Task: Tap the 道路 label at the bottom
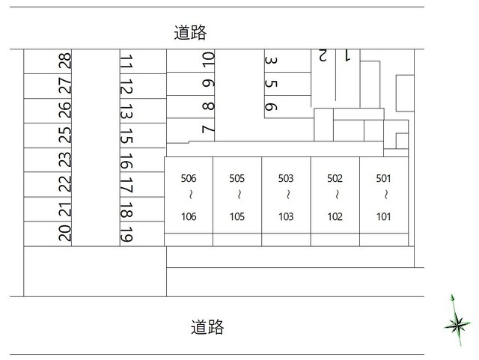coord(207,327)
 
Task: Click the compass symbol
coord(455,323)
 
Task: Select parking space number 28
coord(65,61)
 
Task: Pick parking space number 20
coord(65,233)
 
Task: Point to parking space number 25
coord(65,135)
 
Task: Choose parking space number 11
coord(126,61)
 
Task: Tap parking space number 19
coord(126,234)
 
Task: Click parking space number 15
coord(126,135)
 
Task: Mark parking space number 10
coord(208,59)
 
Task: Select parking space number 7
coord(208,129)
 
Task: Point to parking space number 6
coord(271,106)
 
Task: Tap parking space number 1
coord(347,55)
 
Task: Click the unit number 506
coord(189,179)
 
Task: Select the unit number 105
coord(237,217)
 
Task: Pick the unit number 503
coord(286,179)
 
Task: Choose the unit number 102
coord(335,217)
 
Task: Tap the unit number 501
coord(383,179)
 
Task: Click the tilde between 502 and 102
coord(335,197)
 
